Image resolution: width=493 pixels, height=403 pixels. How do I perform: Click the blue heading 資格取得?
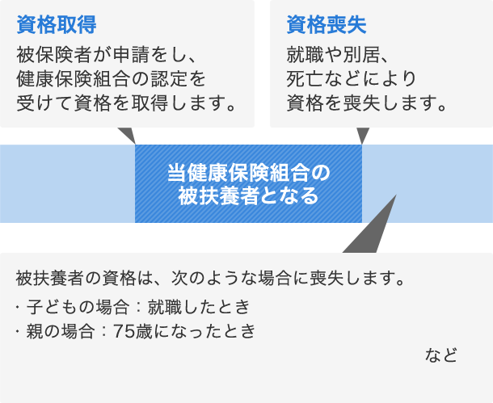[x=57, y=24]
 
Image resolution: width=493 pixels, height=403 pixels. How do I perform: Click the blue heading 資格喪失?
[x=327, y=24]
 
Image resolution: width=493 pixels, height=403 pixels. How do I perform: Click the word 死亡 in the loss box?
[x=305, y=79]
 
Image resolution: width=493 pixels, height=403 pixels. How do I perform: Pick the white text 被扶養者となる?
[x=248, y=195]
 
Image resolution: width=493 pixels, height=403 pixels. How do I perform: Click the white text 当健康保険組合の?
[x=248, y=173]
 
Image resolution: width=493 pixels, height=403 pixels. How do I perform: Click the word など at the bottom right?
[x=440, y=355]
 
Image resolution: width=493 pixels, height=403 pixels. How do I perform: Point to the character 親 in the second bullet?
[x=35, y=331]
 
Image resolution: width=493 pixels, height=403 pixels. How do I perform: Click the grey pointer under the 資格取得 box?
[x=128, y=134]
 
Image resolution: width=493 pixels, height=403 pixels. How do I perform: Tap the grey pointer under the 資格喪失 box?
[x=363, y=134]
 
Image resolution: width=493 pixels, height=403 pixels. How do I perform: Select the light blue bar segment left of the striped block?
[x=67, y=184]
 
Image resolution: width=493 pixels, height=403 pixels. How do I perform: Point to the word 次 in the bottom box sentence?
[x=179, y=279]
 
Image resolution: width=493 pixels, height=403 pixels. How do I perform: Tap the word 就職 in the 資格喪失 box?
[x=305, y=55]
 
